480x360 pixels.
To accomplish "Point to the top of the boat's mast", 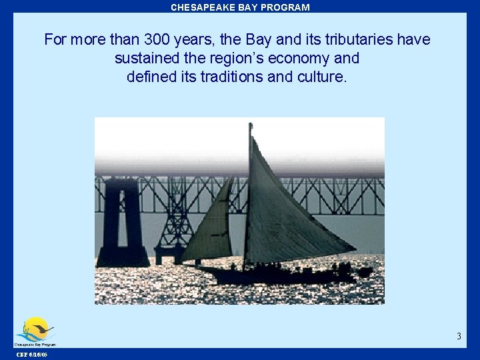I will (251, 125).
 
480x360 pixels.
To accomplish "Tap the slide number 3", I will (459, 336).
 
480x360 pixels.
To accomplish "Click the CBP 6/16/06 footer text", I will (31, 355).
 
